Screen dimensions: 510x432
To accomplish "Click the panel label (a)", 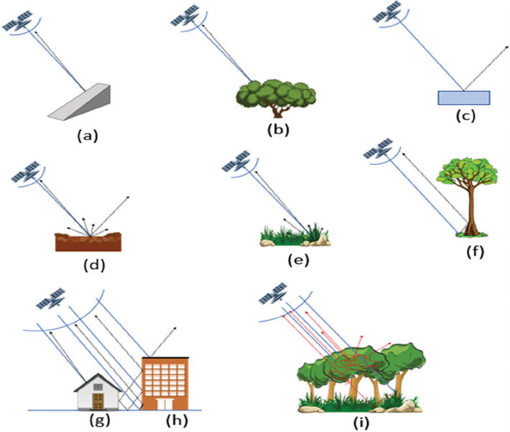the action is (87, 136).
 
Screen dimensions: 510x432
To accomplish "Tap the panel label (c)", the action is (465, 116).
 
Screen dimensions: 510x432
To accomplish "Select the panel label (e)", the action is (298, 259).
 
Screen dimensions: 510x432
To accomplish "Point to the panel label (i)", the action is (361, 423).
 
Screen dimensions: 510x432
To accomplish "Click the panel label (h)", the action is (177, 420).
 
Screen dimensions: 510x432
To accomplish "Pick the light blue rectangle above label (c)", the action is (464, 98).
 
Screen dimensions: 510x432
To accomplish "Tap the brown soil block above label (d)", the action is (88, 242).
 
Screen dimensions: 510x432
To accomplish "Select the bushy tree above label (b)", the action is (276, 98).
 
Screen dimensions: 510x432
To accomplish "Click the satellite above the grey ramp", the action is (17, 21).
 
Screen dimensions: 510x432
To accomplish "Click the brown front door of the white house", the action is (98, 401).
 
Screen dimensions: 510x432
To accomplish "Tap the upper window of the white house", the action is (98, 387).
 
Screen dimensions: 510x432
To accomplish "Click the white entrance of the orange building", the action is (164, 404).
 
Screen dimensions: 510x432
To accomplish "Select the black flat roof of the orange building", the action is (165, 357).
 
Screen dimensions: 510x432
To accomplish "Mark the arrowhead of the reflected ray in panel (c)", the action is (506, 47).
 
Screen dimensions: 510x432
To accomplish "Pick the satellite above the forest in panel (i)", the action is (273, 294).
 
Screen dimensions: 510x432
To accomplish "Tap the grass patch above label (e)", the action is (295, 235).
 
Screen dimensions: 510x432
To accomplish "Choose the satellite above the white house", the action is (51, 298).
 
